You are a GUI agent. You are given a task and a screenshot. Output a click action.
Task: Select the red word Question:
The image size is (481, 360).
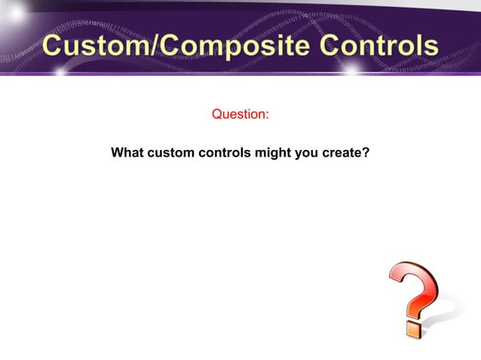click(x=240, y=114)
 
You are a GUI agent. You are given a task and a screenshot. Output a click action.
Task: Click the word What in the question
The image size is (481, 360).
click(x=127, y=153)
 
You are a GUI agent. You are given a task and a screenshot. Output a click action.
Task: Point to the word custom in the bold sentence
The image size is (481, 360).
click(x=170, y=153)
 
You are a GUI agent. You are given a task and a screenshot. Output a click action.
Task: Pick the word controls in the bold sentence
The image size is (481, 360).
click(x=225, y=153)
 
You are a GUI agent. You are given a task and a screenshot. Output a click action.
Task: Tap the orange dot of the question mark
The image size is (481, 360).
click(x=413, y=328)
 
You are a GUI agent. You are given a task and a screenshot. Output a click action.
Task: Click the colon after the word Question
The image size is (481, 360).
click(x=267, y=116)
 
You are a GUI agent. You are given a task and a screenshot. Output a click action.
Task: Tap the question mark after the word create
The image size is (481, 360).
click(x=366, y=153)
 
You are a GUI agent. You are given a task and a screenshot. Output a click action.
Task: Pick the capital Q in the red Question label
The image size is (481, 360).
click(x=217, y=114)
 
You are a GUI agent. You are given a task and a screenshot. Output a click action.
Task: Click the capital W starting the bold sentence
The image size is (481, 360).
click(x=118, y=153)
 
